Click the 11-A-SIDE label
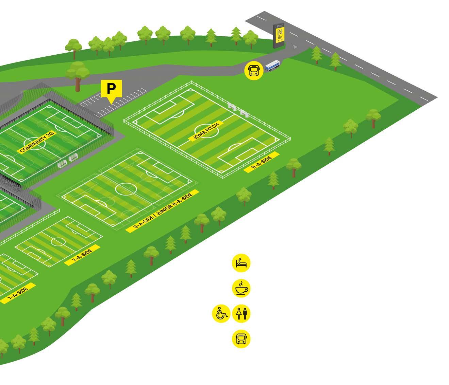[262, 162]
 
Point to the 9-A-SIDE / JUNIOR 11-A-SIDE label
[162, 211]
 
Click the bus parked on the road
[272, 65]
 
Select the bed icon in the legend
[241, 263]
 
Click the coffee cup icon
[241, 288]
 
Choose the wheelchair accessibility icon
[221, 313]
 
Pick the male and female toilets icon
[241, 313]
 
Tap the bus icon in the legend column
[241, 338]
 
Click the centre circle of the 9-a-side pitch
[126, 188]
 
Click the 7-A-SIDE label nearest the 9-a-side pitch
[83, 255]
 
